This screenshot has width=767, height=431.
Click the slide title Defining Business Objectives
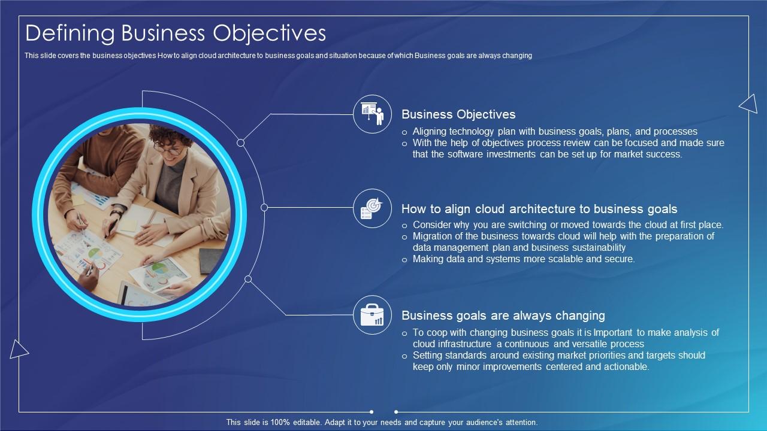(x=176, y=33)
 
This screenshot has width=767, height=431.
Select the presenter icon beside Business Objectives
(x=372, y=114)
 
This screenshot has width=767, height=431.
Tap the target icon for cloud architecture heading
(x=372, y=208)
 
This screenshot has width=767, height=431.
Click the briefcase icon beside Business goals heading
(x=372, y=315)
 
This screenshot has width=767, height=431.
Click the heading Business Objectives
(x=458, y=114)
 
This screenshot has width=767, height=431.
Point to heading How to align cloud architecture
(x=539, y=209)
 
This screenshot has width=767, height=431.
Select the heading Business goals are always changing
(x=503, y=315)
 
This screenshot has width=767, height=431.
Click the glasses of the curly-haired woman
(x=170, y=150)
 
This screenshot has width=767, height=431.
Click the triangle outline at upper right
(x=749, y=104)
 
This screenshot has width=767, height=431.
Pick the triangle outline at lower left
(x=18, y=349)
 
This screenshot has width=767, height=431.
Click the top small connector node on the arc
(x=241, y=142)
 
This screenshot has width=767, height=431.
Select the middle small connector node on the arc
(x=264, y=207)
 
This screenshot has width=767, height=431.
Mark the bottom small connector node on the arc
(x=248, y=279)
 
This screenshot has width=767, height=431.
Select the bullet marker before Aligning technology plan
(x=405, y=132)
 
